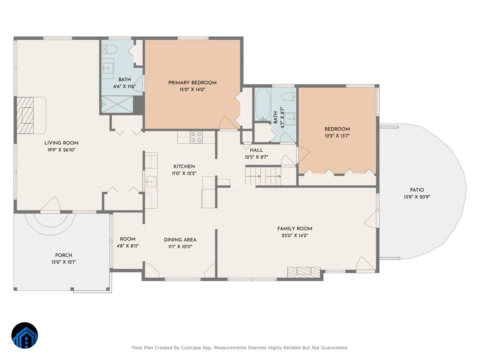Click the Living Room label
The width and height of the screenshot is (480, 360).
pos(62,143)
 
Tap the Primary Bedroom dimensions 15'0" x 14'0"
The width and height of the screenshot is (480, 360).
pos(192,89)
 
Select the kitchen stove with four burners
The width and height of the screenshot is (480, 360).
pos(196,137)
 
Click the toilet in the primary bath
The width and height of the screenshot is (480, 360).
pos(110,49)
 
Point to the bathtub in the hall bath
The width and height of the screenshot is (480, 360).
pos(262,104)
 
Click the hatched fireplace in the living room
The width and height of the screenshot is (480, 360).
pos(25,116)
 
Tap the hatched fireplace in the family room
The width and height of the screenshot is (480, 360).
pos(304,272)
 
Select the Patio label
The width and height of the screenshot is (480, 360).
pos(417,190)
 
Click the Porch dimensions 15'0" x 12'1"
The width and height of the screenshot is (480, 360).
pos(64,262)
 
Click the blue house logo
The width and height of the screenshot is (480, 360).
pos(25,335)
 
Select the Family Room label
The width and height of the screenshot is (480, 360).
pos(295,229)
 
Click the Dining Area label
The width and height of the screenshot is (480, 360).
pos(180,240)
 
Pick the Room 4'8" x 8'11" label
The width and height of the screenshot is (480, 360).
pos(128,242)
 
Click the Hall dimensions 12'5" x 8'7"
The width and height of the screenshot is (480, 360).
pos(256,157)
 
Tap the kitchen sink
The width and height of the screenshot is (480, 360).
pos(151,182)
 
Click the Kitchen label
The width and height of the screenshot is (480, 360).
pos(184,166)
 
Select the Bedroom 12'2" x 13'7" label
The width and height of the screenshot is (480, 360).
pos(337,132)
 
